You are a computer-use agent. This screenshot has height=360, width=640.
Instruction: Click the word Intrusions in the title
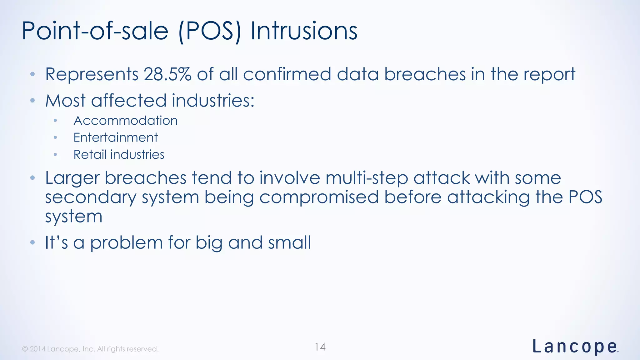pyautogui.click(x=304, y=31)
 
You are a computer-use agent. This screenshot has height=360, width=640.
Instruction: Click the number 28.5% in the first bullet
pyautogui.click(x=167, y=74)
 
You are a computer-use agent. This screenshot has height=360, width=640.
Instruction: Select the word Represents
pyautogui.click(x=92, y=74)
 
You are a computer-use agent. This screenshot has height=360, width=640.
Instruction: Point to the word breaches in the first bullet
pyautogui.click(x=425, y=74)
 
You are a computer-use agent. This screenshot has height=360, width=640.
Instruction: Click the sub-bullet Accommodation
pyautogui.click(x=125, y=121)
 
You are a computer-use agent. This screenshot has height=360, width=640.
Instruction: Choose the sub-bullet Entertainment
pyautogui.click(x=116, y=137)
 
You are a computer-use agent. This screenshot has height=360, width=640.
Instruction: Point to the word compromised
pyautogui.click(x=319, y=198)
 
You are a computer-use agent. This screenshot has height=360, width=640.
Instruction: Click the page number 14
pyautogui.click(x=320, y=347)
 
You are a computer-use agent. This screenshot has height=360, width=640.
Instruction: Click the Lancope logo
pyautogui.click(x=575, y=347)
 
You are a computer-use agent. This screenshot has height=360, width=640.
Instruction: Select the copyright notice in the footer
pyautogui.click(x=90, y=349)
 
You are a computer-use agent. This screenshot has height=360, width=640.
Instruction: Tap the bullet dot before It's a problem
pyautogui.click(x=32, y=242)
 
